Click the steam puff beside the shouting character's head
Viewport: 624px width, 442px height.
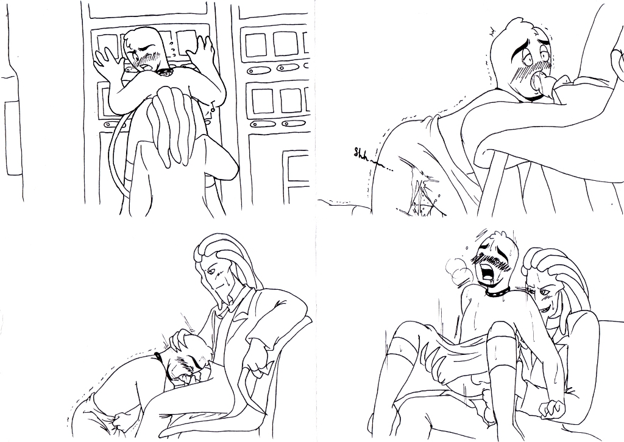point(459,270)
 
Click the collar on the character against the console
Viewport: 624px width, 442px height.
point(165,72)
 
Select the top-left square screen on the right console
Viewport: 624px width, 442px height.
point(255,45)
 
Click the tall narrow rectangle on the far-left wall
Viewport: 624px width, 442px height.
point(14,138)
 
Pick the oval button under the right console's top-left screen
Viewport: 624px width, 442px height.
point(257,71)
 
